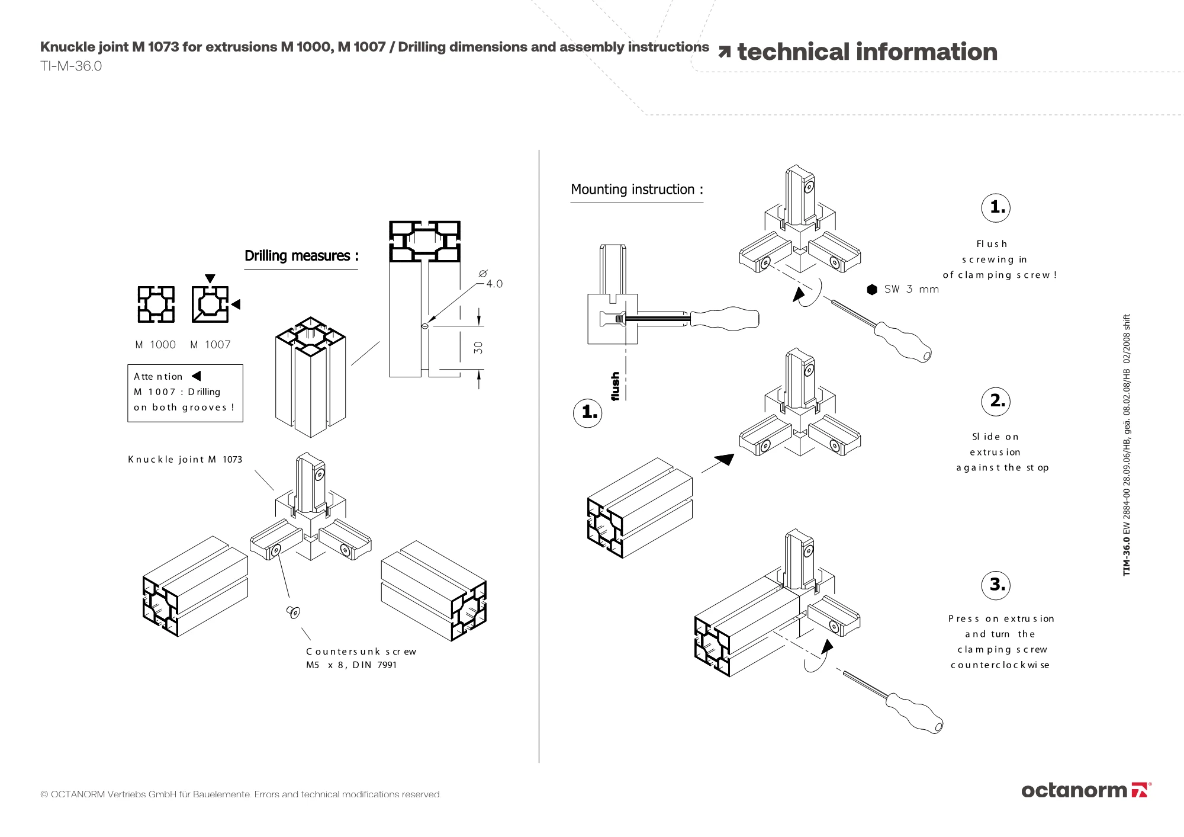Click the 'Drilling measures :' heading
point(301,256)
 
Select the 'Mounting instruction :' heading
point(637,190)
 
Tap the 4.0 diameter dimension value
point(494,284)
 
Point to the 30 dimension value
point(478,348)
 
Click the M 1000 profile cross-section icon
point(156,304)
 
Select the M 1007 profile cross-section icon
point(210,304)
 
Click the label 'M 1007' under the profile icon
point(210,345)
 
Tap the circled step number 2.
point(996,401)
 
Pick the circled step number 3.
point(996,585)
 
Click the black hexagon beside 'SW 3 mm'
point(872,289)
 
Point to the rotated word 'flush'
point(616,387)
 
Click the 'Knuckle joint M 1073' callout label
point(185,459)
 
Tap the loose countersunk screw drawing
point(294,612)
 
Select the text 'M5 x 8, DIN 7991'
point(352,665)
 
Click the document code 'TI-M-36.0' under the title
point(71,66)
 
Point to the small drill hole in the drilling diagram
point(424,326)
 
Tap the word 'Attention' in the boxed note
point(158,376)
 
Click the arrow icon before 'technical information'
point(724,52)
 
